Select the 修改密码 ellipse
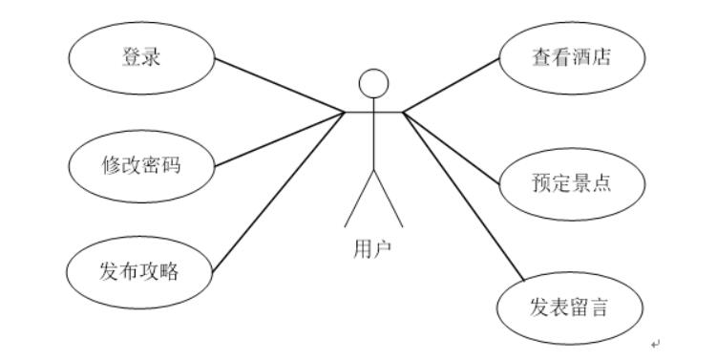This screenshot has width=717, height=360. pos(141,164)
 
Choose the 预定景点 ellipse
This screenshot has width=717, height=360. pos(571,181)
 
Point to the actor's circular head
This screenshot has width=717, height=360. pos(373,83)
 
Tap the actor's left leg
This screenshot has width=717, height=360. pos(359,201)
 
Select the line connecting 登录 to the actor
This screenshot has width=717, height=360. pos(277,87)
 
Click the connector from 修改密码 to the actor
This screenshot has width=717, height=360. pos(277,140)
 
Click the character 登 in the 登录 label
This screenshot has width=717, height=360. pos(132,57)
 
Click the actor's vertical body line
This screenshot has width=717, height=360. pos(373,138)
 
